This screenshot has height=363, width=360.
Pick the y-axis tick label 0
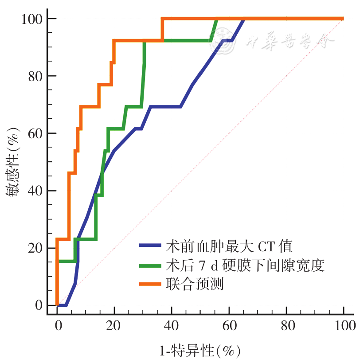pyautogui.click(x=38, y=305)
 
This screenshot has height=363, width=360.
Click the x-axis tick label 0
pyautogui.click(x=57, y=327)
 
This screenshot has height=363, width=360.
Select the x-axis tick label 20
pyautogui.click(x=114, y=327)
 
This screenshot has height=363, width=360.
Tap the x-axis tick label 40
pyautogui.click(x=172, y=327)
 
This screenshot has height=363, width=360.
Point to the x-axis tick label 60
pyautogui.click(x=229, y=327)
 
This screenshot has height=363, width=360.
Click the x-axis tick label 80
pyautogui.click(x=286, y=327)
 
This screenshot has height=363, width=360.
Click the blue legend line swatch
pyautogui.click(x=151, y=245)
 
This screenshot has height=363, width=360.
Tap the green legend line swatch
pyautogui.click(x=151, y=265)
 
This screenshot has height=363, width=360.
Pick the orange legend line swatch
pyautogui.click(x=151, y=284)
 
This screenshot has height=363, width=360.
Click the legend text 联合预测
pyautogui.click(x=195, y=284)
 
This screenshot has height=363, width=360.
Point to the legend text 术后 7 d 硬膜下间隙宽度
pyautogui.click(x=245, y=265)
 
